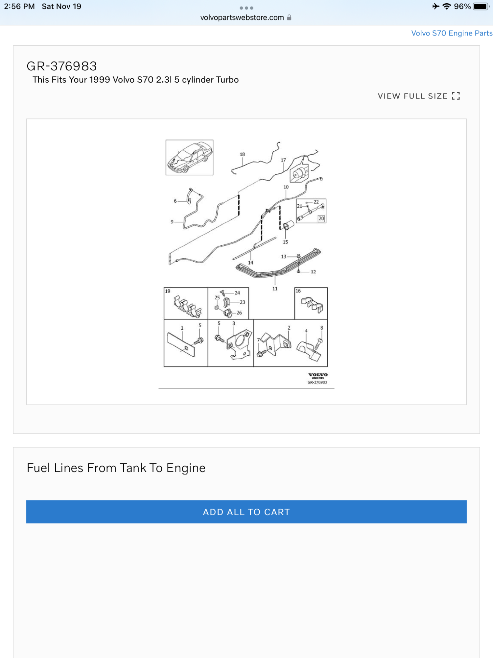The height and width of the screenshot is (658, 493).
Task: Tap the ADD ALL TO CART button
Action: (x=246, y=512)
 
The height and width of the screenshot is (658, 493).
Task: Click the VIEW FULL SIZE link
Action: (x=418, y=96)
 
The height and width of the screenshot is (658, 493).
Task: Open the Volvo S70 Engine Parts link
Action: (x=452, y=33)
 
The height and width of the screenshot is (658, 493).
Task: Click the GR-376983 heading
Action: (x=62, y=66)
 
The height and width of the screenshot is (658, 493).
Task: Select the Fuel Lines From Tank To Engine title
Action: (x=116, y=468)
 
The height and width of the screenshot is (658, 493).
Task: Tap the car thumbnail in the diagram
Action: (x=189, y=157)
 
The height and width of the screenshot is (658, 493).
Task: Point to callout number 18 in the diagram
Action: (x=242, y=154)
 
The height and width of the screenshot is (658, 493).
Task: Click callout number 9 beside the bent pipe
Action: (x=172, y=222)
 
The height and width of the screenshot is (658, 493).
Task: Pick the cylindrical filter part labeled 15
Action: (x=288, y=225)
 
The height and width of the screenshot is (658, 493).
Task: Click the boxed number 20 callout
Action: (x=321, y=218)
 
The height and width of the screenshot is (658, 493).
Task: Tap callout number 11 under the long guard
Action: (x=275, y=289)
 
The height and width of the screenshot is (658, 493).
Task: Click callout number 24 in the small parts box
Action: (x=237, y=293)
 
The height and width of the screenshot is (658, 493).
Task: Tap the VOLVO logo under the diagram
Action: (x=318, y=375)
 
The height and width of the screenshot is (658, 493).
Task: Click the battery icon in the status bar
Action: (x=481, y=7)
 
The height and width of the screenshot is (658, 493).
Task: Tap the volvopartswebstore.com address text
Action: (x=242, y=18)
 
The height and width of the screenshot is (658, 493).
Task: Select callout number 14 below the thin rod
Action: (x=251, y=263)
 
